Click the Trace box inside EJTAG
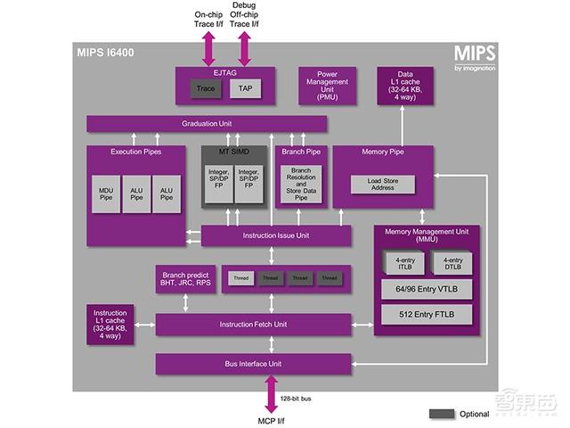206,88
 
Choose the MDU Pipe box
106,193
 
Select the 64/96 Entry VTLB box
425,290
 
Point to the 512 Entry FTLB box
425,315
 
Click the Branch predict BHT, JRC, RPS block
186,277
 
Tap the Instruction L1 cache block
110,325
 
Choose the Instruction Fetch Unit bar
259,325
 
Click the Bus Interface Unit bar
259,364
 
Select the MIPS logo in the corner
474,55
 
